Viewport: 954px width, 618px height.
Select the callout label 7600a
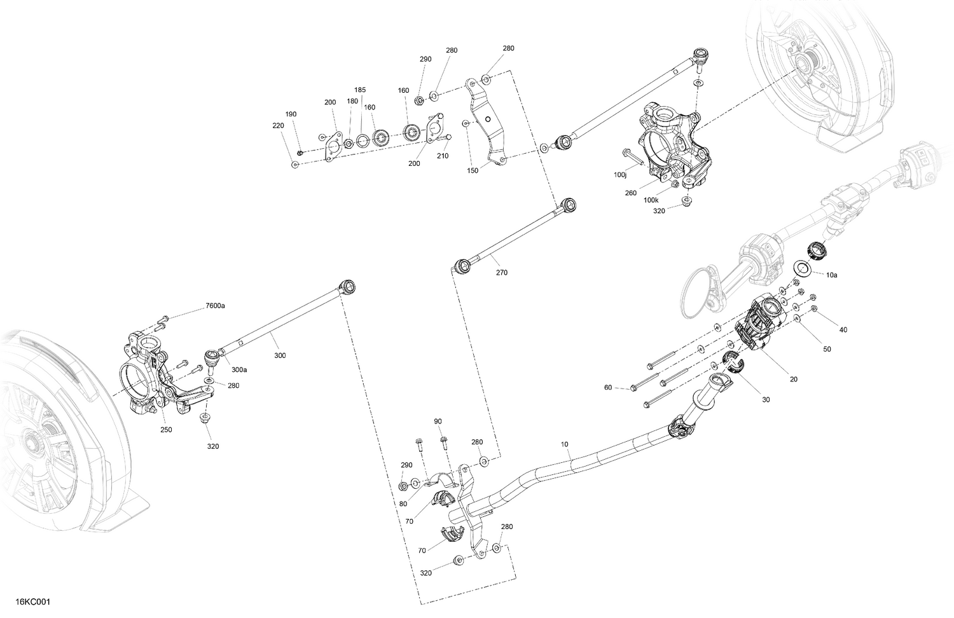click(215, 306)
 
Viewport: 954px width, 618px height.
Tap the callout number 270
click(501, 273)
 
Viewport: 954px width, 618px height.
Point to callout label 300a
click(239, 369)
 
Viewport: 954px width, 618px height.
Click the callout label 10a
click(831, 275)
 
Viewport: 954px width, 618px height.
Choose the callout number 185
click(360, 90)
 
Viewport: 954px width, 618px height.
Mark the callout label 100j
click(620, 174)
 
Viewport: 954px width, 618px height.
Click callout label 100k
click(651, 200)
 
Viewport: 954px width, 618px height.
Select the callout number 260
click(631, 193)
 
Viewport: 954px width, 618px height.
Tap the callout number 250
click(166, 430)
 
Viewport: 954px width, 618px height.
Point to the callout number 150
click(473, 170)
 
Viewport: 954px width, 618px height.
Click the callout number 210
click(443, 156)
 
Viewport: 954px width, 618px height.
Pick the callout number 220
click(278, 126)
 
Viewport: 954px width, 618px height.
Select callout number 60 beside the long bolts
click(608, 387)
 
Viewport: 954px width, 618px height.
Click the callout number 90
click(438, 422)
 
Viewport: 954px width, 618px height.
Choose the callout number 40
click(843, 330)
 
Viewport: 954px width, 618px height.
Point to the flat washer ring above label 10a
click(802, 267)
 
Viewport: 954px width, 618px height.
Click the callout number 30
click(766, 400)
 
